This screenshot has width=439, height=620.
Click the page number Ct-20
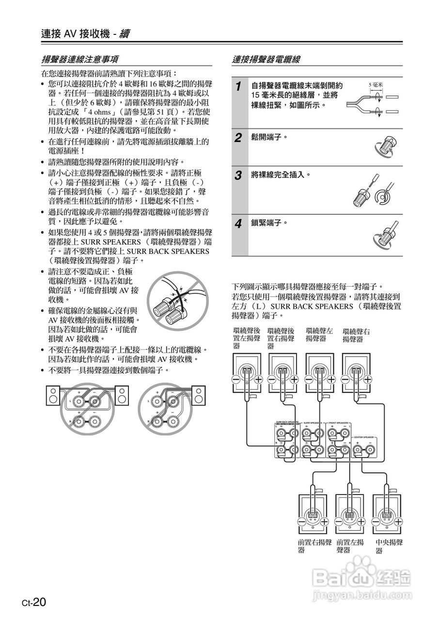click(x=33, y=602)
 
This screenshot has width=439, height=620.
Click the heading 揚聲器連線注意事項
click(x=80, y=60)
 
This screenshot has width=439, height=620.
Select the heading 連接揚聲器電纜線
click(x=266, y=60)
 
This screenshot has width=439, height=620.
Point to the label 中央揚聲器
click(x=389, y=546)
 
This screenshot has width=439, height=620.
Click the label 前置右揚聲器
click(x=314, y=546)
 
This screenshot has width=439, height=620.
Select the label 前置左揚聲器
click(x=350, y=546)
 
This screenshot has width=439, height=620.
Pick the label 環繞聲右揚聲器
click(x=356, y=335)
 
